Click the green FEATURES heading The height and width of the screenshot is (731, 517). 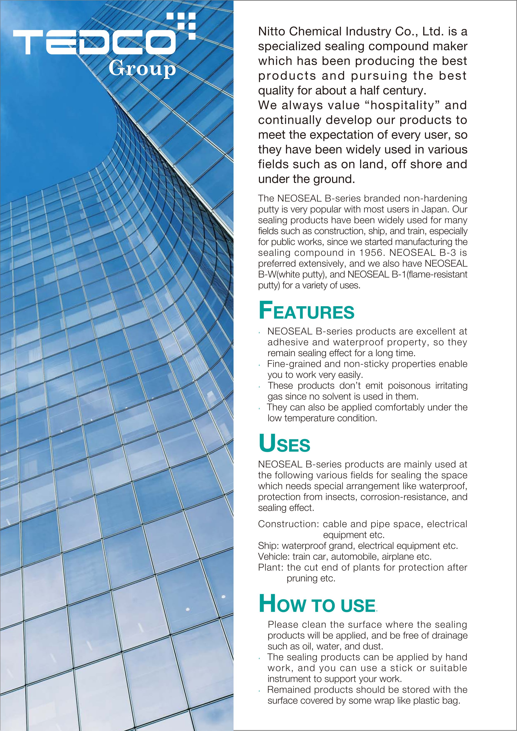coord(306,311)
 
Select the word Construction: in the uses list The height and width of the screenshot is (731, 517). coord(289,524)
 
